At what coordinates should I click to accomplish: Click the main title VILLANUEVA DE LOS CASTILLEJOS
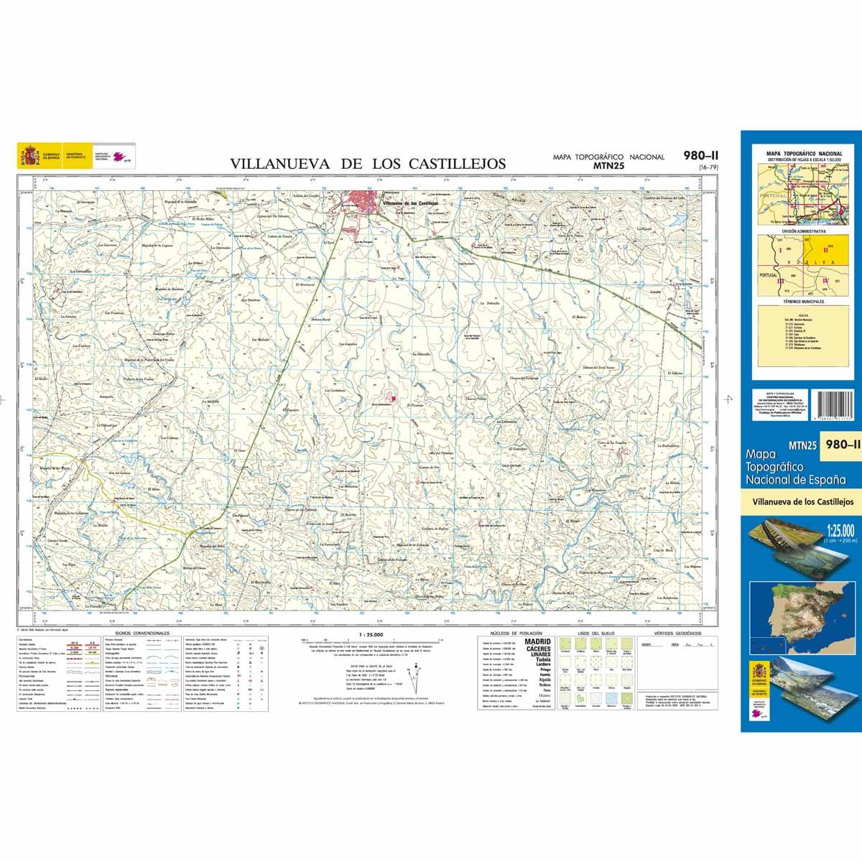(368, 164)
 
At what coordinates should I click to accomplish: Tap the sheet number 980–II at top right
(703, 155)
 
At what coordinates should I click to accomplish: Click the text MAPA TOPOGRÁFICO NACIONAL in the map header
(608, 157)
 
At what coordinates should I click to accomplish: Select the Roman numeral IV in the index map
(825, 280)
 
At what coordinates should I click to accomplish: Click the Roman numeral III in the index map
(781, 282)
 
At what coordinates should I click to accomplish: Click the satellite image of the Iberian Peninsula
(797, 610)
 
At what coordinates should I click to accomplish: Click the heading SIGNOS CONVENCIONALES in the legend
(136, 633)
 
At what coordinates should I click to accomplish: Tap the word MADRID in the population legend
(538, 640)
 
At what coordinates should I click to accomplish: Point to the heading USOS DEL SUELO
(591, 633)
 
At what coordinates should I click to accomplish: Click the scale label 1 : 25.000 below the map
(370, 634)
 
